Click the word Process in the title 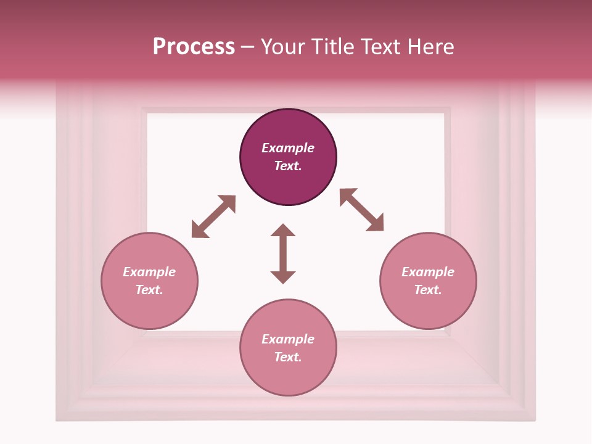(194, 47)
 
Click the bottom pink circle (288, 376)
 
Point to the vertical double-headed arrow (283, 253)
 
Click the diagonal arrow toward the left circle (213, 216)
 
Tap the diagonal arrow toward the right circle (361, 210)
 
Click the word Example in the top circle (288, 148)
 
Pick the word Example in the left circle (149, 272)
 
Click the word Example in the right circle (428, 272)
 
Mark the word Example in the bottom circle (288, 339)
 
